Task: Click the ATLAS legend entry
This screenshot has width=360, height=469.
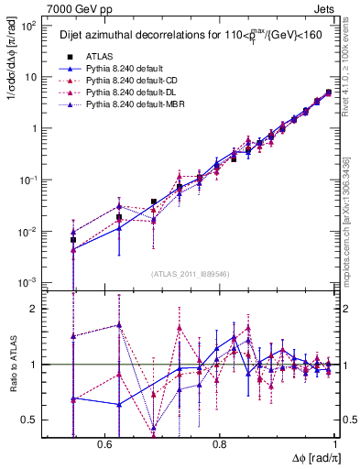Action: (x=103, y=55)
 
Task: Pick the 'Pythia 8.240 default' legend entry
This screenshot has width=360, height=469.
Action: (x=124, y=68)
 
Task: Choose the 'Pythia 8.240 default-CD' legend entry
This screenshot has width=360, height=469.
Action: (x=131, y=81)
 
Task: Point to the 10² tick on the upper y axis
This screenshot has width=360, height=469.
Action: (x=28, y=26)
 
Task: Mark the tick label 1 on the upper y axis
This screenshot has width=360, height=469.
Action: (x=34, y=128)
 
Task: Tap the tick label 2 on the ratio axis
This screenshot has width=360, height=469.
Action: (x=34, y=309)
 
